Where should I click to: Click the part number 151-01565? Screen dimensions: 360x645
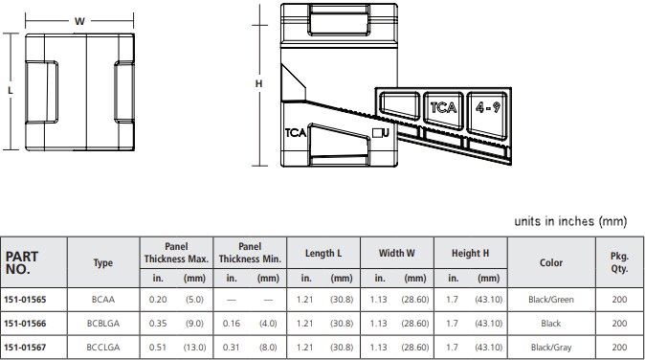pyautogui.click(x=25, y=300)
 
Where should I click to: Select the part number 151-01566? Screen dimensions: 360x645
pyautogui.click(x=25, y=324)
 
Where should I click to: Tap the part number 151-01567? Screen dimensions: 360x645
pyautogui.click(x=25, y=348)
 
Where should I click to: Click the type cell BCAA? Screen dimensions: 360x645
pyautogui.click(x=102, y=300)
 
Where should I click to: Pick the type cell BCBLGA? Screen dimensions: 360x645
pyautogui.click(x=102, y=324)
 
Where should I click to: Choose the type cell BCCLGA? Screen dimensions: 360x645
pyautogui.click(x=102, y=348)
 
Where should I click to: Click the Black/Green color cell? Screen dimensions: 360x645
pyautogui.click(x=551, y=300)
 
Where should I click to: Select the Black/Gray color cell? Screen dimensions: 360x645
pyautogui.click(x=551, y=348)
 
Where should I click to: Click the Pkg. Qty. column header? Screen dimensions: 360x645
pyautogui.click(x=618, y=260)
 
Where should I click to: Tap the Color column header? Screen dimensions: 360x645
pyautogui.click(x=551, y=261)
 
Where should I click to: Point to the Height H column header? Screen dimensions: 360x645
pyautogui.click(x=470, y=253)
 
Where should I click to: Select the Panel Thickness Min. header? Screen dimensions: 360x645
pyautogui.click(x=249, y=253)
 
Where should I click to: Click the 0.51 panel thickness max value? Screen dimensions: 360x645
pyautogui.click(x=158, y=348)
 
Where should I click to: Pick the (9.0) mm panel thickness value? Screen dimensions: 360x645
pyautogui.click(x=194, y=324)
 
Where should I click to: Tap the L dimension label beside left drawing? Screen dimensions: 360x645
pyautogui.click(x=10, y=90)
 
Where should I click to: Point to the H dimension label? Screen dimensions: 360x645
pyautogui.click(x=258, y=84)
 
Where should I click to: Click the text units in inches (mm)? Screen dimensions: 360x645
pyautogui.click(x=569, y=221)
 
